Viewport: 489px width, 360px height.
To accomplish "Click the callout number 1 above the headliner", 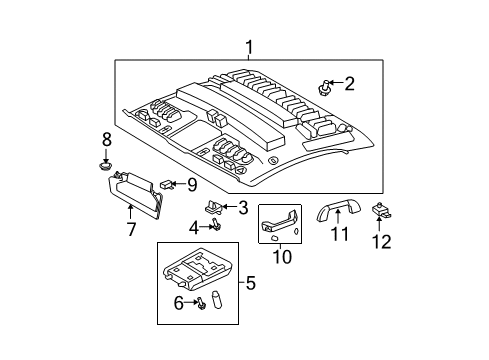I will click(x=249, y=46).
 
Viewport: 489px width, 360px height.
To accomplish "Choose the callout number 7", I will click(x=130, y=231).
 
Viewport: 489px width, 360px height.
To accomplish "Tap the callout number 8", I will click(x=107, y=139).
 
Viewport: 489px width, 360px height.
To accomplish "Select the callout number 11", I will click(x=341, y=236).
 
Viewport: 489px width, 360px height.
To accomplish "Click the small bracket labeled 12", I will click(x=382, y=211).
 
